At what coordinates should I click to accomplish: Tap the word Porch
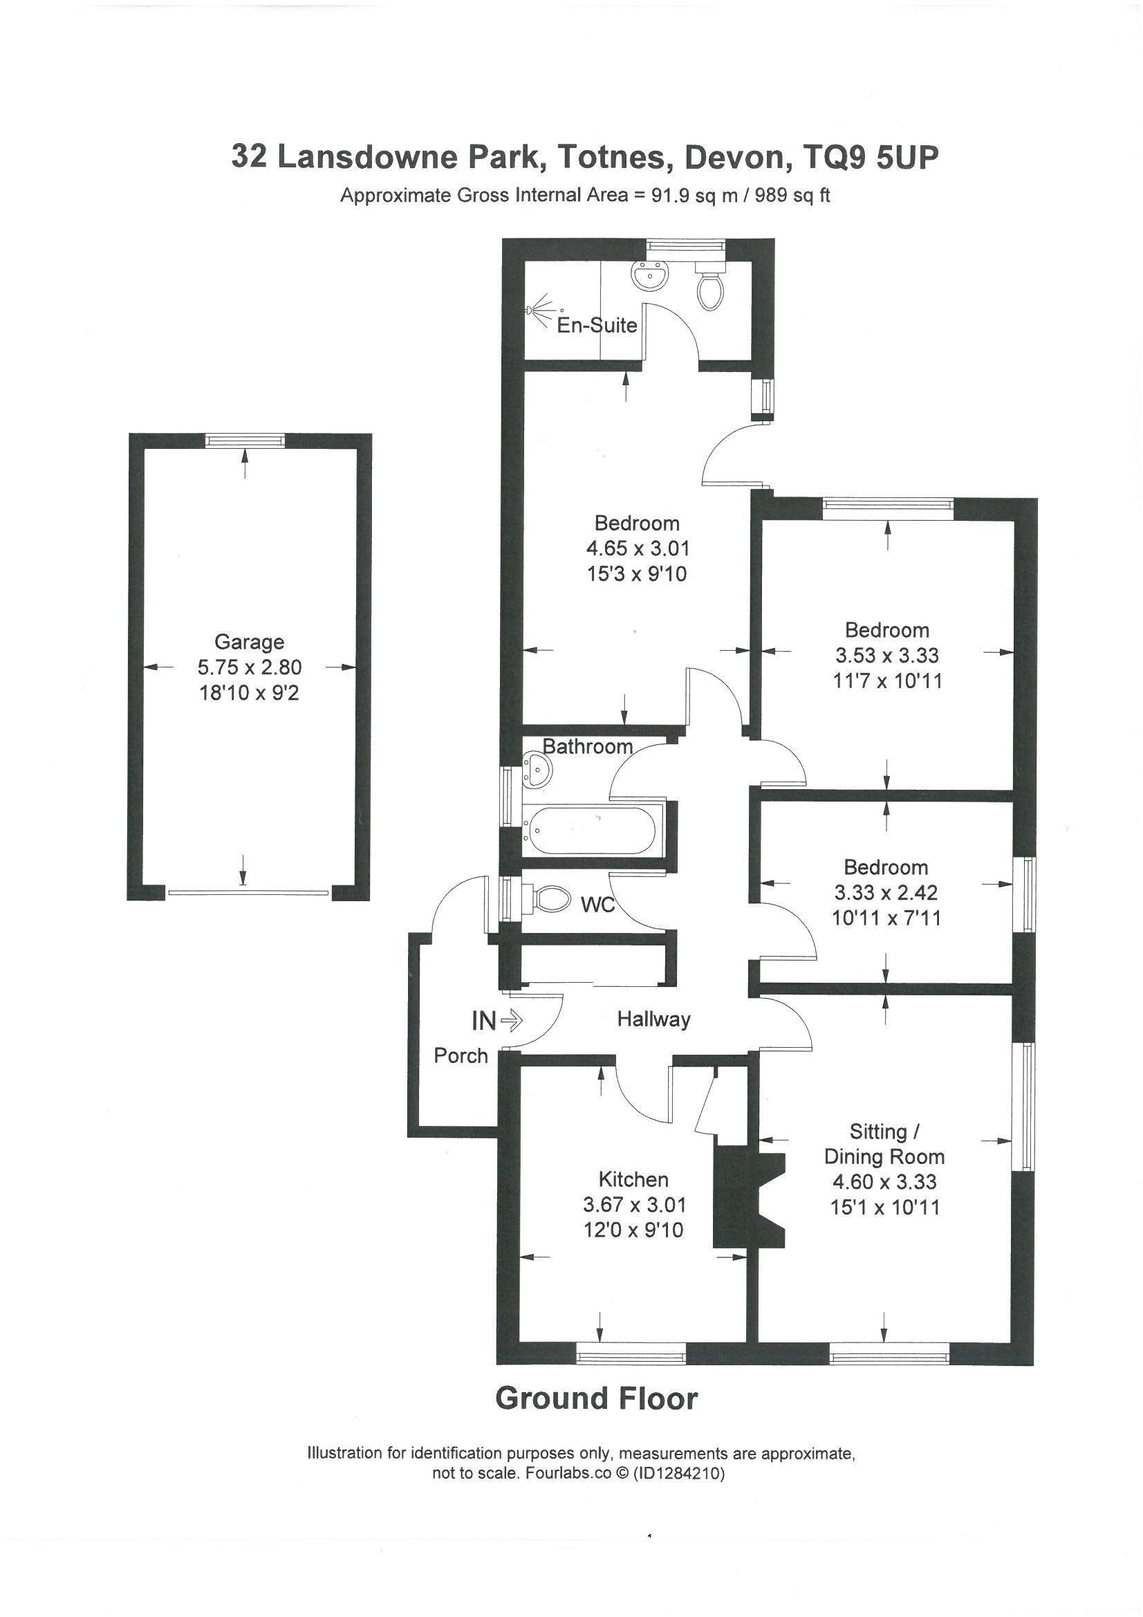click(461, 1055)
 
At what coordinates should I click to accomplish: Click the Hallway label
click(653, 1019)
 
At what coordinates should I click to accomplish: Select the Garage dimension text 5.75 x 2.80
click(250, 667)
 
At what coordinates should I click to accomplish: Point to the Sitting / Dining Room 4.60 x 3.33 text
click(884, 1182)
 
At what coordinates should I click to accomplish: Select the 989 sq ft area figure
click(792, 195)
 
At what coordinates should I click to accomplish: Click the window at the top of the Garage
click(245, 440)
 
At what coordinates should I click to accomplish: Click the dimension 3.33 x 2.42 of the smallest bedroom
click(886, 893)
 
